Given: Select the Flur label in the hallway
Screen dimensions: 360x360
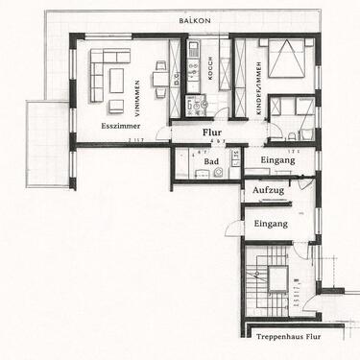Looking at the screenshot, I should [x=212, y=134].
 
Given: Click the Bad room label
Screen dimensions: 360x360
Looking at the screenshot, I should [x=212, y=161].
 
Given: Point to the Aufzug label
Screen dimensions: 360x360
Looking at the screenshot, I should [x=269, y=191].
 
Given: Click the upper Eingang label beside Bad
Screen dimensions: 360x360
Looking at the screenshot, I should [x=278, y=161].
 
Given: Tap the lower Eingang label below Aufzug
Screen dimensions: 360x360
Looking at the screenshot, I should [x=271, y=223].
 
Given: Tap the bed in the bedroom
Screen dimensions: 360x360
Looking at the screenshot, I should [x=289, y=60].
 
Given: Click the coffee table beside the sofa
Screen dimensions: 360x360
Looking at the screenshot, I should [x=116, y=80].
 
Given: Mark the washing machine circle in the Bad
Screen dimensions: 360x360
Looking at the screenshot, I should [x=219, y=173].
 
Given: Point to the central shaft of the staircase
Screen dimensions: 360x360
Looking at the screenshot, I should [x=276, y=279].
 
